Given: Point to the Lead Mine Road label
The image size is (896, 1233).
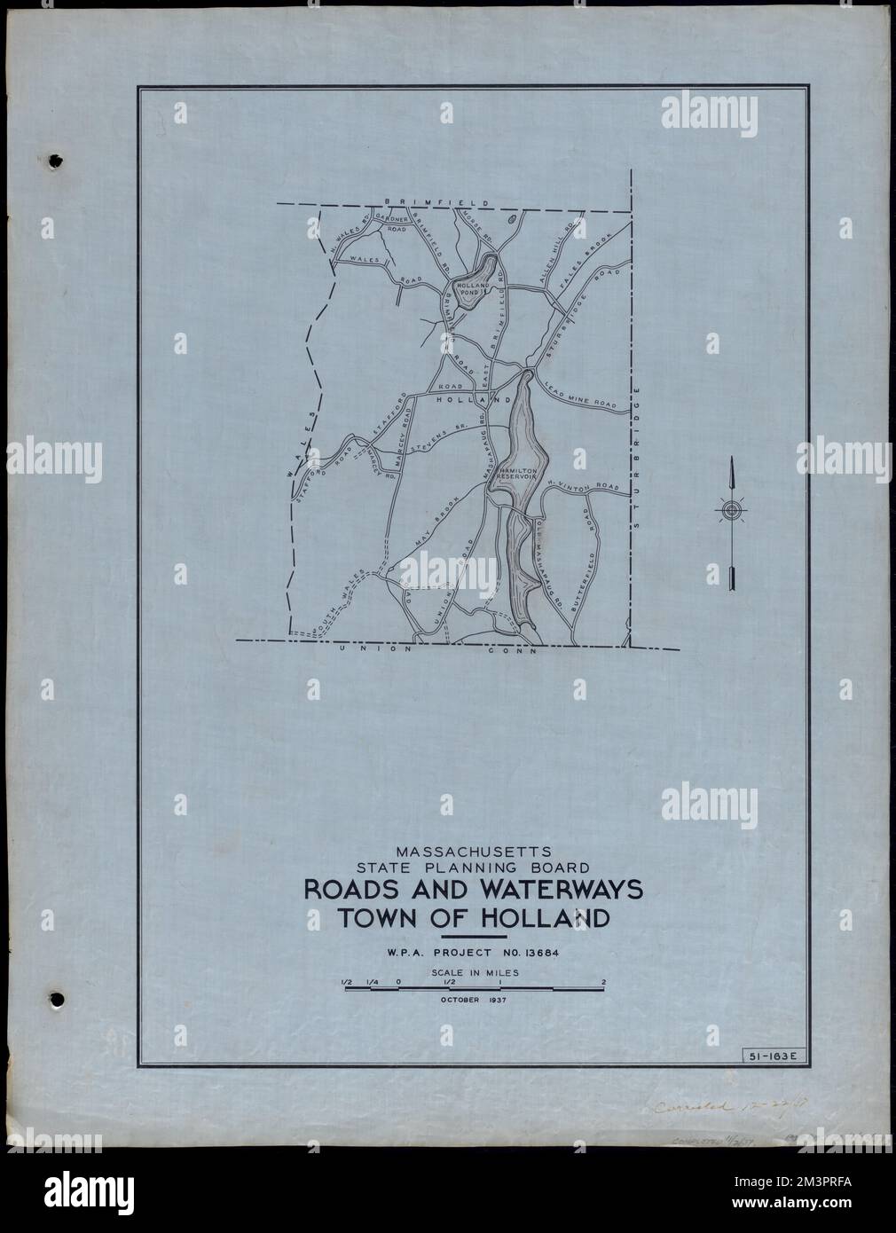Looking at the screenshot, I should pos(581,395).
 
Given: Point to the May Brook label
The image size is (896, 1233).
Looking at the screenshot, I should pos(436,524).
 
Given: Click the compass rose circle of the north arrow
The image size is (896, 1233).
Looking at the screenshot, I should pos(730,511).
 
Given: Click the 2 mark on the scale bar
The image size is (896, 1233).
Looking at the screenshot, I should pos(603,981).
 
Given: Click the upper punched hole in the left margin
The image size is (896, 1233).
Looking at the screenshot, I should pos(57,162).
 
